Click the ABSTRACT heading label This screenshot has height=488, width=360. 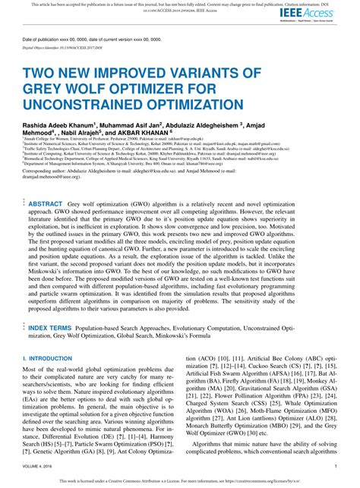[46, 204]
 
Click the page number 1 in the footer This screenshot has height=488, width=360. [336, 465]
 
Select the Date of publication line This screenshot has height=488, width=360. [91, 39]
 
